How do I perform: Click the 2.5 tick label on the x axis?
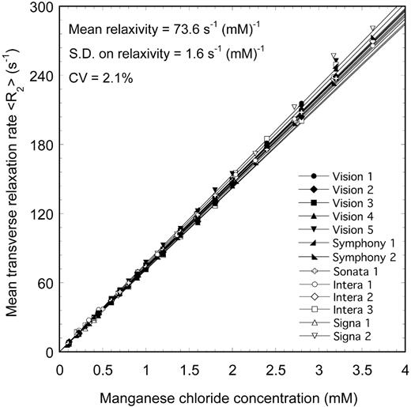(x=275, y=368)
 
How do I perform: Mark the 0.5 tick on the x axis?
(x=103, y=368)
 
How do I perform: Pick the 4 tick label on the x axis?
(x=404, y=368)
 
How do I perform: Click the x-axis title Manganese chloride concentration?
(x=232, y=394)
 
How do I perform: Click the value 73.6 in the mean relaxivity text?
(x=189, y=31)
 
